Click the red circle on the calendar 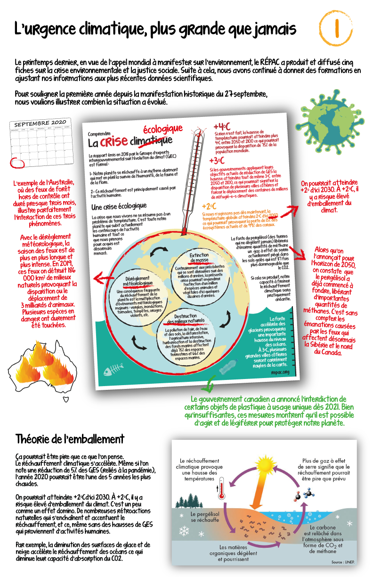[16, 162]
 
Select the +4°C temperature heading [221, 127]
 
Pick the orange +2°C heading [209, 206]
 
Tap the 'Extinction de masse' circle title [199, 258]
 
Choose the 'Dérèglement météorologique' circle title [138, 281]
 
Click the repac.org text [279, 372]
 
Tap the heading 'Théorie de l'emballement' [70, 439]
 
